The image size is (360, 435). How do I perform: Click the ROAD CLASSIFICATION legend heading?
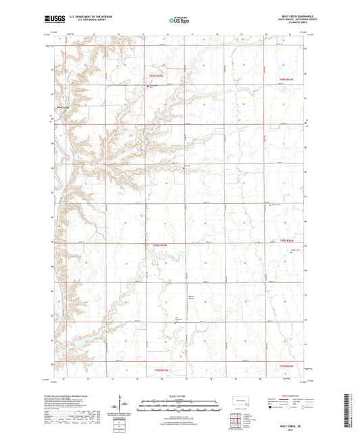(291, 396)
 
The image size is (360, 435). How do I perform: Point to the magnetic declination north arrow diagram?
(123, 407)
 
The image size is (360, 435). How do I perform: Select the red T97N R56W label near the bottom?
(288, 365)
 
